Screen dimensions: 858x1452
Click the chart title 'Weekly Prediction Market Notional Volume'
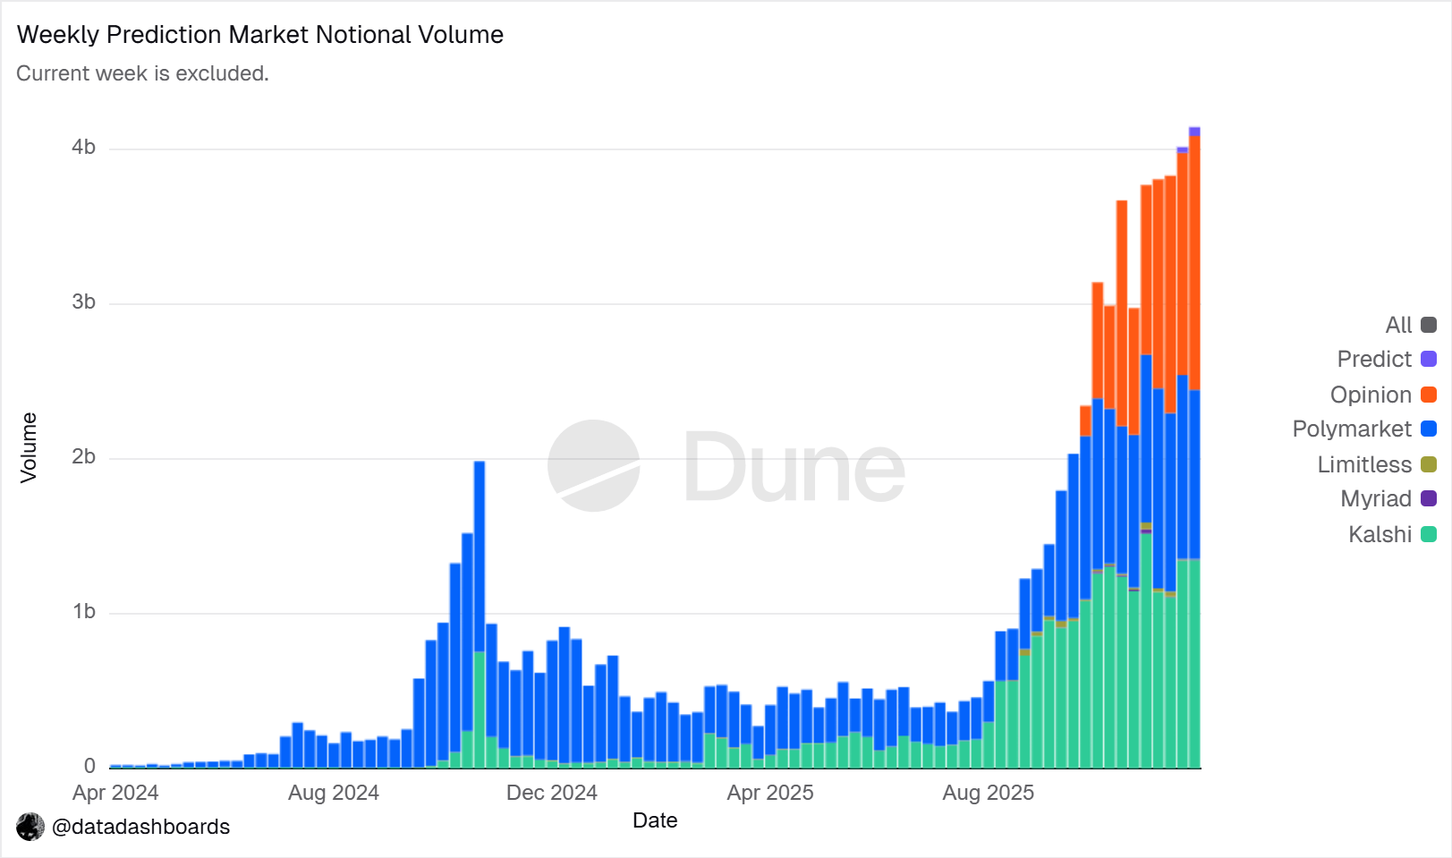click(x=260, y=35)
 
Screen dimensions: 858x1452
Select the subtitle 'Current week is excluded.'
click(x=142, y=73)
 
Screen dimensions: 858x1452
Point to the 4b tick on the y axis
click(x=84, y=148)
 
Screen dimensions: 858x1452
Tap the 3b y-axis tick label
click(x=84, y=302)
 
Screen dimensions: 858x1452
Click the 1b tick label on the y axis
click(x=84, y=612)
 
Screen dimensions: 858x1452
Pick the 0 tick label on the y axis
click(x=89, y=766)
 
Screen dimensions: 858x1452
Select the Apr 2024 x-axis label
click(x=115, y=793)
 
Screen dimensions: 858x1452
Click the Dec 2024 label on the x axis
click(x=551, y=793)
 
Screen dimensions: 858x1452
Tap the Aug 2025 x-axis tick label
click(x=988, y=793)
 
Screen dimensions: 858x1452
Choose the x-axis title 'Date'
click(x=655, y=820)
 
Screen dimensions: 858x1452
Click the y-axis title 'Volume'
click(x=29, y=447)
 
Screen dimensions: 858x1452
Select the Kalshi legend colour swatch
click(x=1429, y=534)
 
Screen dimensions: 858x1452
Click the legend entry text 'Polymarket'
click(x=1352, y=429)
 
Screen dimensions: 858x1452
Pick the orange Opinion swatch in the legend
click(x=1429, y=395)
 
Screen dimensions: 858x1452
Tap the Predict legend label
click(x=1374, y=360)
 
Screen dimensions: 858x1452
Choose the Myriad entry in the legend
click(x=1376, y=499)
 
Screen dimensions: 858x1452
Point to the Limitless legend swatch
click(x=1429, y=464)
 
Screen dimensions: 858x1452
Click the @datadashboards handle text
click(x=140, y=827)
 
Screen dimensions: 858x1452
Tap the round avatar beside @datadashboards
click(x=30, y=827)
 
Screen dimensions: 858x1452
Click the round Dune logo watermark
click(x=593, y=466)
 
